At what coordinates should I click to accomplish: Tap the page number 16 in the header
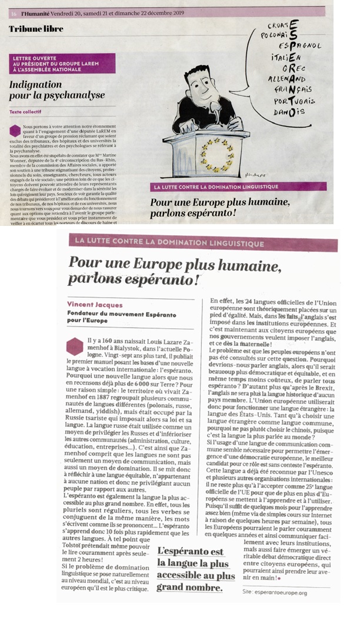tap(12, 11)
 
